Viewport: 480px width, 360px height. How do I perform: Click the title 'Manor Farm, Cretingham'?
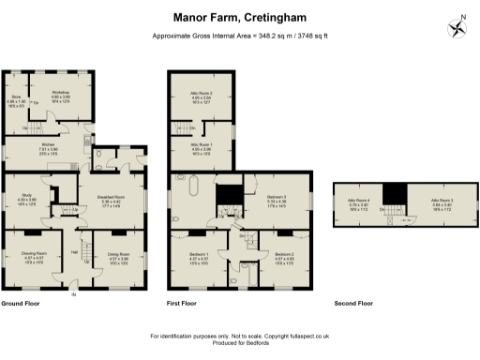tap(239, 17)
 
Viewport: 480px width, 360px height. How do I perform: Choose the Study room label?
tap(26, 199)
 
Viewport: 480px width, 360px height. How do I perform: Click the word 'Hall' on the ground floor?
tap(73, 251)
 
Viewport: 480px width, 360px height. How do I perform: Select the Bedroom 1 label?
tap(198, 258)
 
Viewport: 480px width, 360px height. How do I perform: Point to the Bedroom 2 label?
tap(285, 258)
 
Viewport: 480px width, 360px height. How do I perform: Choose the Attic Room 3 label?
tap(442, 202)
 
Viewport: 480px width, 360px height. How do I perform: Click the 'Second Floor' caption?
tap(353, 305)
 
